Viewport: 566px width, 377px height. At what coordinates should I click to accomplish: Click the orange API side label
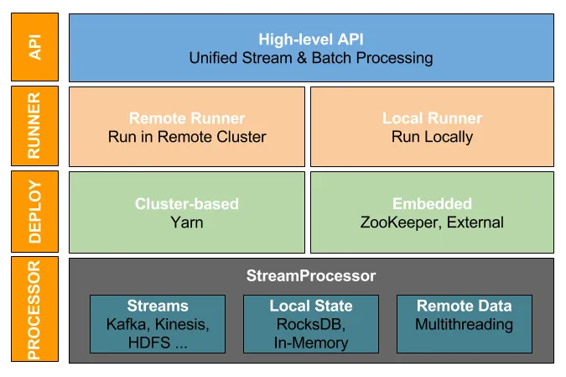[34, 47]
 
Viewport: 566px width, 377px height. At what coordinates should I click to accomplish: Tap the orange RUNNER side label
[34, 126]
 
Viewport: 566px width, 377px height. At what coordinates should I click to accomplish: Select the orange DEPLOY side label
[34, 212]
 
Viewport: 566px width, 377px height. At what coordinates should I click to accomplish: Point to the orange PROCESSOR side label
[34, 309]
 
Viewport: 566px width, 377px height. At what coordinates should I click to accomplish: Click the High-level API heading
[311, 39]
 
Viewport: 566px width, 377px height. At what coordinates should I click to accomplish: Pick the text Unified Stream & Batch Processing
[311, 58]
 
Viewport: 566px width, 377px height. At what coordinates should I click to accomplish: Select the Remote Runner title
[187, 118]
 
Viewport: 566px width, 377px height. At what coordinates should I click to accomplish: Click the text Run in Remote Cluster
[187, 137]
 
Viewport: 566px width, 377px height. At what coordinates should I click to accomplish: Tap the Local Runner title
[432, 118]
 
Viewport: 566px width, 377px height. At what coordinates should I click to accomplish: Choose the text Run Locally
[432, 137]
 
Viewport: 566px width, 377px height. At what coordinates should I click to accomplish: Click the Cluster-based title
[187, 204]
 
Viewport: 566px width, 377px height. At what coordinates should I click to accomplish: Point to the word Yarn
[187, 223]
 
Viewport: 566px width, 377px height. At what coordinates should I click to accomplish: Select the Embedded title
[432, 204]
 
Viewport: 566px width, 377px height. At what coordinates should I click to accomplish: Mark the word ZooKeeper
[394, 223]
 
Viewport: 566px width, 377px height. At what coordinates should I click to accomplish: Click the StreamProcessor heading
[311, 275]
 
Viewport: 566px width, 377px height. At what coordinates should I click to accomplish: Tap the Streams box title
[158, 306]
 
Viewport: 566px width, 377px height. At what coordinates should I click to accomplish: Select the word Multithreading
[464, 324]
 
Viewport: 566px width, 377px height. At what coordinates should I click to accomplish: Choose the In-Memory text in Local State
[311, 342]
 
